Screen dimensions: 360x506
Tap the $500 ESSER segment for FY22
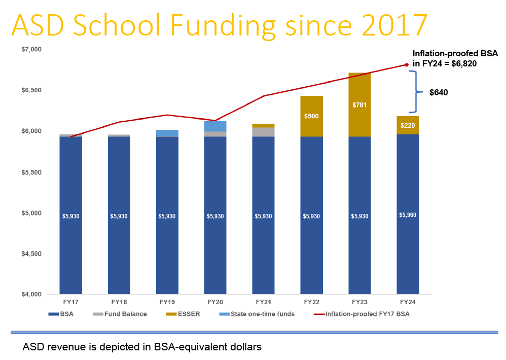tap(311, 116)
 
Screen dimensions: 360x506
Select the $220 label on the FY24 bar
tap(408, 125)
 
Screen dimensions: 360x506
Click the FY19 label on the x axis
tap(167, 302)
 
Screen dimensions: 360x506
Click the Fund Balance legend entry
tap(125, 314)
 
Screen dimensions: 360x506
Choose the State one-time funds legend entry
tap(262, 314)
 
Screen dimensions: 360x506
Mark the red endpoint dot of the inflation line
tap(407, 64)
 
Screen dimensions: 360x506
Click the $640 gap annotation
tap(439, 93)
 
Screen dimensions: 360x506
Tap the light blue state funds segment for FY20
tap(215, 126)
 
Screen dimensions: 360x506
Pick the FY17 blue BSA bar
tap(71, 215)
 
